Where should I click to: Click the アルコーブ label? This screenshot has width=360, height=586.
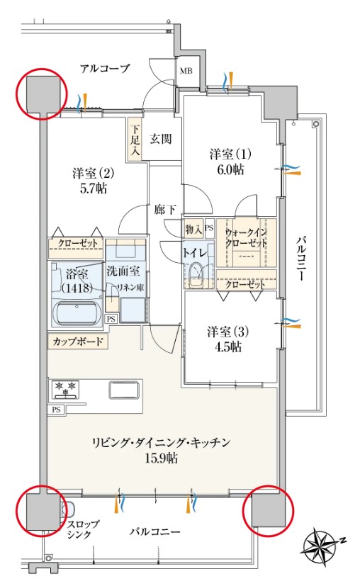point(105,69)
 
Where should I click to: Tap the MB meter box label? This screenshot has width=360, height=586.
point(185,71)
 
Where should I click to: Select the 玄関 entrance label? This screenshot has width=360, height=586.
point(161,139)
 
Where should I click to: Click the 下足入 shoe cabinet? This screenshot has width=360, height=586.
point(135,140)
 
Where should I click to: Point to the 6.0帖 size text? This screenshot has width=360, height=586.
point(230,170)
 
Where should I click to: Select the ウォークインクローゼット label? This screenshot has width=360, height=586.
point(246,237)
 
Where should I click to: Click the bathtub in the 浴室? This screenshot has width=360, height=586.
point(77,312)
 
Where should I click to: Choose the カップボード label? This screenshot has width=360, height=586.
point(77,342)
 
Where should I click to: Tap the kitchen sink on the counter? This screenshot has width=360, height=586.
point(125,390)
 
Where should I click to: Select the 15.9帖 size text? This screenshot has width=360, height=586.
point(159,458)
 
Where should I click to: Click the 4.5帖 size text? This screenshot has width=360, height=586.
point(225,347)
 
